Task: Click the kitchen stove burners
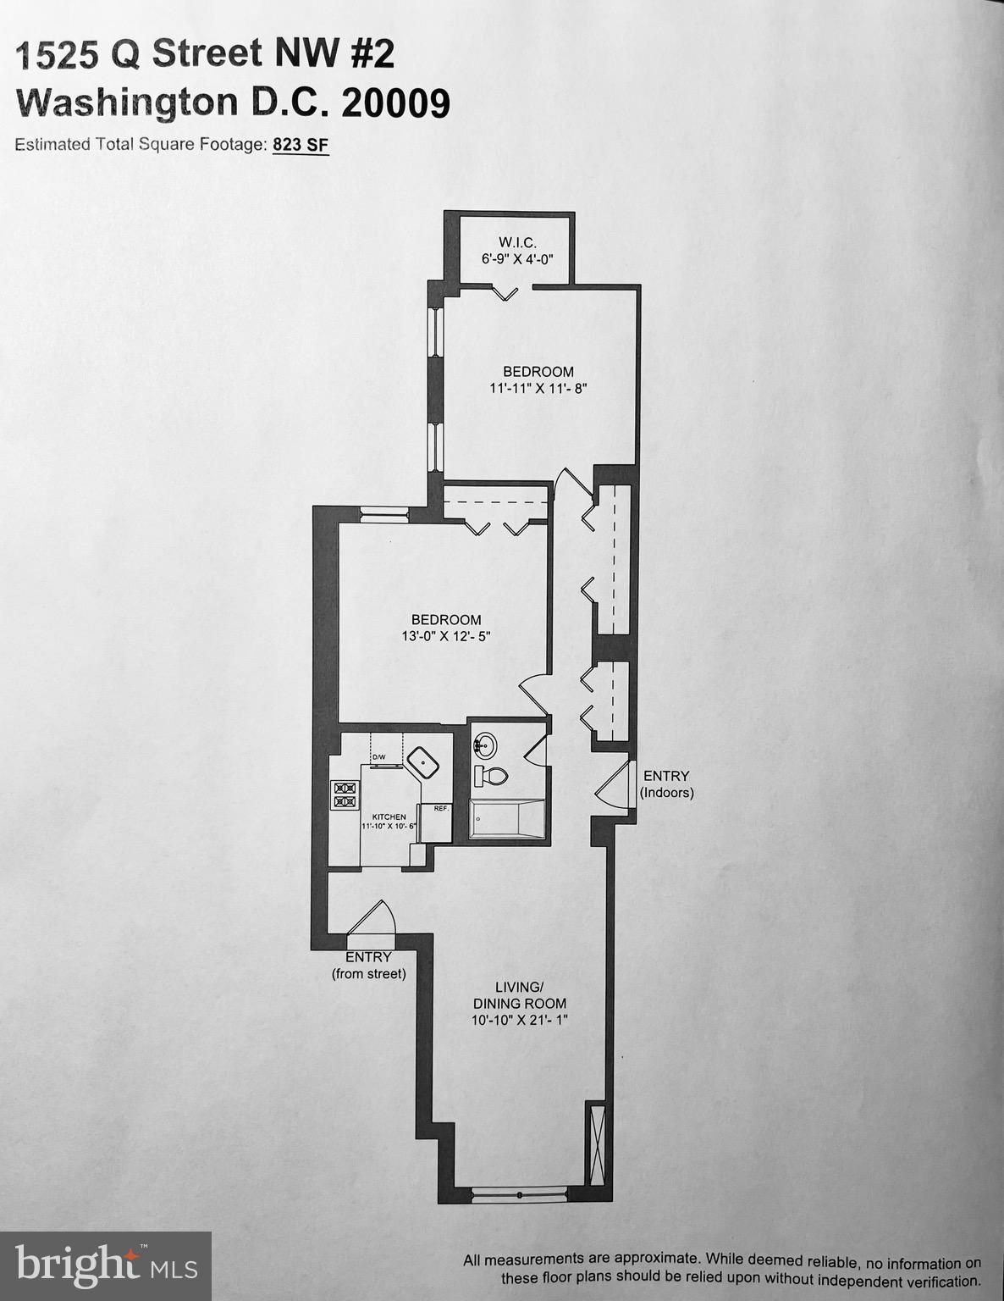[345, 794]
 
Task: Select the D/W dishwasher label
[378, 756]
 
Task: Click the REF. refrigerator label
[441, 808]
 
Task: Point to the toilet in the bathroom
[490, 775]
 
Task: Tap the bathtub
[507, 818]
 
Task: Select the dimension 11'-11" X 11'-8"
[538, 389]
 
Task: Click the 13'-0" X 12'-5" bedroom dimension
[446, 637]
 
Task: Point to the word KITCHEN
[389, 817]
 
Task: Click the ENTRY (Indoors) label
[666, 784]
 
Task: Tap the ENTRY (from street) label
[368, 965]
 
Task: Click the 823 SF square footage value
[300, 145]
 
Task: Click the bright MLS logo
[106, 1265]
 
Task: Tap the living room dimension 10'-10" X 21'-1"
[520, 1021]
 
